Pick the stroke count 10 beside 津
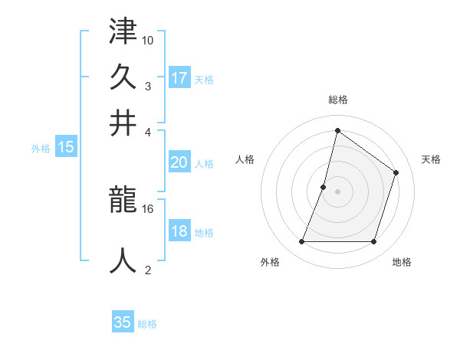(x=148, y=41)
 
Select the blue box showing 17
(x=179, y=78)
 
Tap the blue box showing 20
(x=179, y=162)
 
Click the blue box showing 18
(x=179, y=232)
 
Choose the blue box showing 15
(x=66, y=148)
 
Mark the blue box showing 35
(x=123, y=322)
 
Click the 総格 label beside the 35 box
(x=147, y=324)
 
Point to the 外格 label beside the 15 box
(x=41, y=149)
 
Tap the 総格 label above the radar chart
(x=337, y=100)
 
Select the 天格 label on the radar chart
(x=431, y=159)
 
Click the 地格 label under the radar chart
(x=402, y=263)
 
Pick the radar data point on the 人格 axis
(x=324, y=187)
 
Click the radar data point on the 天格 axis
(x=396, y=172)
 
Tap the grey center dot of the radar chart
(x=337, y=191)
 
